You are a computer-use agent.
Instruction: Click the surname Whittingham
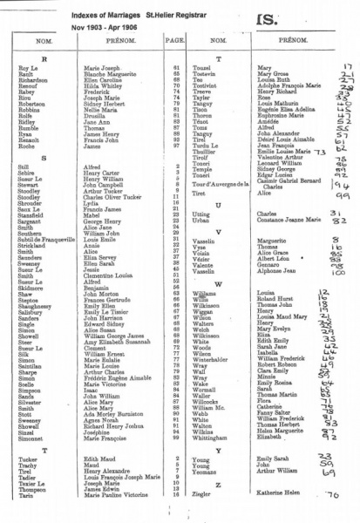click(209, 436)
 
